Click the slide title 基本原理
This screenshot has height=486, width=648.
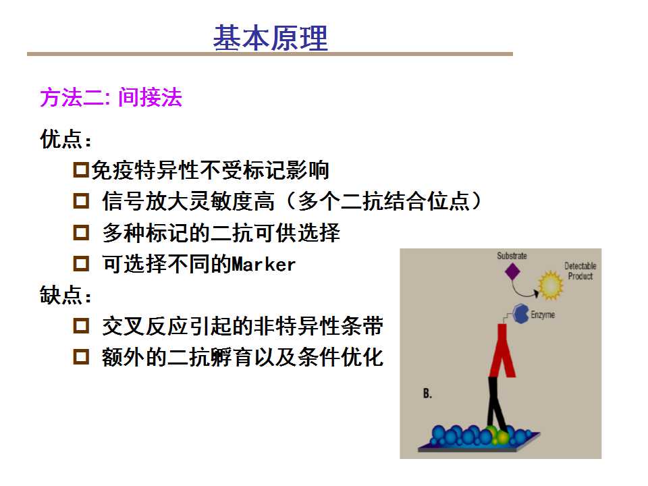point(271,38)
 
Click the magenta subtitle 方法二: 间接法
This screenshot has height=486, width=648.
point(111,97)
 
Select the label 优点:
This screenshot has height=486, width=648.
point(65,139)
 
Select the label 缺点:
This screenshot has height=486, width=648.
point(65,295)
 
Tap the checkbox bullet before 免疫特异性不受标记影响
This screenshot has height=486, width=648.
point(81,170)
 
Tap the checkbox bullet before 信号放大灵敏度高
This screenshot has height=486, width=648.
point(81,201)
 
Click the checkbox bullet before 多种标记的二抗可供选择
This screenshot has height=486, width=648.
point(81,232)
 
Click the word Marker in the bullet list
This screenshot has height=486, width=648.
point(264,265)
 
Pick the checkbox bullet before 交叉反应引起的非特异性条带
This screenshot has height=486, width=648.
point(81,325)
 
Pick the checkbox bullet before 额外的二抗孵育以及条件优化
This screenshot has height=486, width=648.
point(81,356)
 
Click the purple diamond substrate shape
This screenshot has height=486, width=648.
point(512,271)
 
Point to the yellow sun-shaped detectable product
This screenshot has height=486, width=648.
point(551,285)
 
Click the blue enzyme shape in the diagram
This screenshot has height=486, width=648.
point(521,314)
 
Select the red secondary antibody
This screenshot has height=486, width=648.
point(502,350)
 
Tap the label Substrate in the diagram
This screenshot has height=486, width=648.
point(512,256)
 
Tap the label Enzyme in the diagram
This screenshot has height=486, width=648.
point(543,315)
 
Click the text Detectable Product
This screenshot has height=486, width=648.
point(580,271)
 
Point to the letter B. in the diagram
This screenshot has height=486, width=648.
point(427,394)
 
